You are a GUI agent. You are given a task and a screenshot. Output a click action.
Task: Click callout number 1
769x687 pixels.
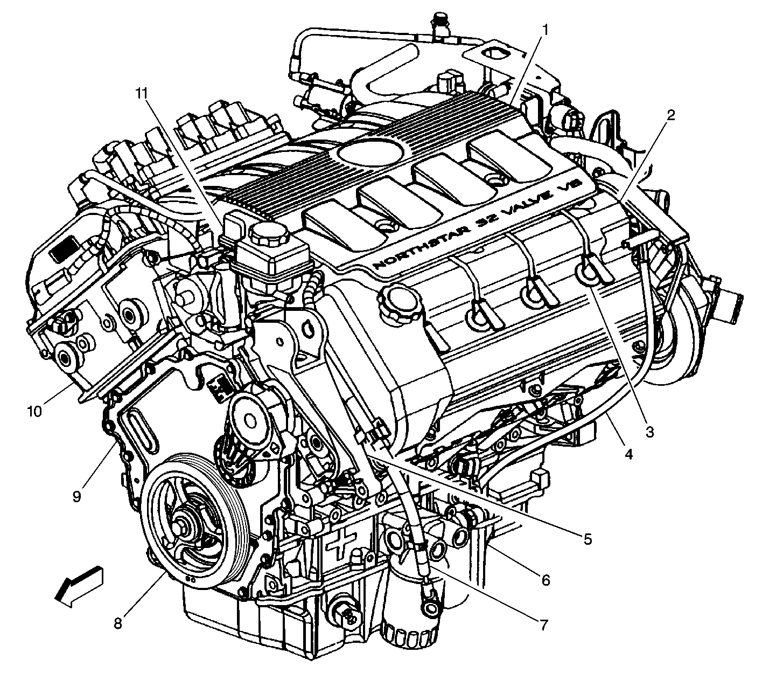point(545,30)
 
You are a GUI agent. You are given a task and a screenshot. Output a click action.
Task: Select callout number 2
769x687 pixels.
point(671,115)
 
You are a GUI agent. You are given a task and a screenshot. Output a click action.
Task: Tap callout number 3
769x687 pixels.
point(649,432)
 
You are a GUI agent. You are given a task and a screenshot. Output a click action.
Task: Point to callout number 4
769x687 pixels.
point(628,454)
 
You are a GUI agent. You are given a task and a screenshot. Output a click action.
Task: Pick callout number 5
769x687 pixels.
point(588,538)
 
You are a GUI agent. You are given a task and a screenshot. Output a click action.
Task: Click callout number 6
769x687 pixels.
point(546,580)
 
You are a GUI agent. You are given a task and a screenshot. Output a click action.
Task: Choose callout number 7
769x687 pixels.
point(544,624)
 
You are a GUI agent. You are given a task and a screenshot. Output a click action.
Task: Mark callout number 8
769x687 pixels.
point(118,623)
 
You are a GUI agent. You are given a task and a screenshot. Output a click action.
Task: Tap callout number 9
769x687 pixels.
point(77,496)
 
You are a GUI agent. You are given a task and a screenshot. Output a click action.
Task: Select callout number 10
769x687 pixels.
point(34,411)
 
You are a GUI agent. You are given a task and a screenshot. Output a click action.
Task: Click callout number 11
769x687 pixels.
point(142,93)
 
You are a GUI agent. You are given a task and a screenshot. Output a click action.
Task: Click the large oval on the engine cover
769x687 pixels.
point(370,152)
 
